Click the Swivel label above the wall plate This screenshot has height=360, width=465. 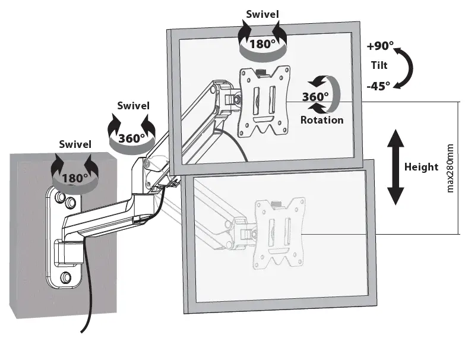75,144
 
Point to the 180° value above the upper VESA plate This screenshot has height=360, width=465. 262,44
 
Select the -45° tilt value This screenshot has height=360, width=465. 378,85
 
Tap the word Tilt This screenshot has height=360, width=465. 380,66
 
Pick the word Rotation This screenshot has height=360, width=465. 321,119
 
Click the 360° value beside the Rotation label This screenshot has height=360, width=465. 315,97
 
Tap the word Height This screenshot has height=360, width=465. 421,167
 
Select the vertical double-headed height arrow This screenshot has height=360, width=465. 396,168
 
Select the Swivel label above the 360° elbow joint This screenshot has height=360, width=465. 133,106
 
